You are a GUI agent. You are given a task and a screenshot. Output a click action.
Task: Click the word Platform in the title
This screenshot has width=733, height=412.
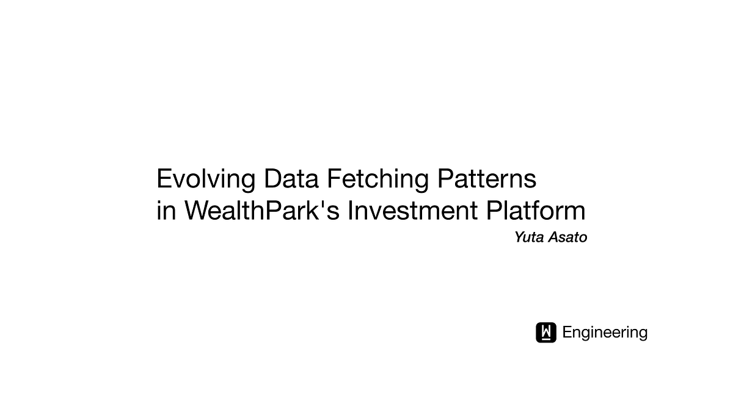tap(536, 211)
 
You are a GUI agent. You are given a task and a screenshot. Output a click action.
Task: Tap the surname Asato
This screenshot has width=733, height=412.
tap(567, 237)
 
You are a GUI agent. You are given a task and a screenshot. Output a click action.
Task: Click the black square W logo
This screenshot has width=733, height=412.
tap(546, 332)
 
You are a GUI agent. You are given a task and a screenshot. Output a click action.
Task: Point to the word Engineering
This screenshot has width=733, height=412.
tap(605, 333)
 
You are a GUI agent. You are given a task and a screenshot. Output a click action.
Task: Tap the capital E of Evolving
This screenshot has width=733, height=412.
tap(164, 179)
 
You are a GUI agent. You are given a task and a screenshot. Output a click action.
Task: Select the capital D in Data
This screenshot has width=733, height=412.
tap(272, 179)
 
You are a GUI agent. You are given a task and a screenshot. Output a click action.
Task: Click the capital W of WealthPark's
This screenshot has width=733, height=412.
tap(198, 211)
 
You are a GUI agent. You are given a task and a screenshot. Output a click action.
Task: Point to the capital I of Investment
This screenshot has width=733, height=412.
tap(351, 211)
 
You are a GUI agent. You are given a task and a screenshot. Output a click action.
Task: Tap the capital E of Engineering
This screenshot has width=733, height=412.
tap(567, 333)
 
